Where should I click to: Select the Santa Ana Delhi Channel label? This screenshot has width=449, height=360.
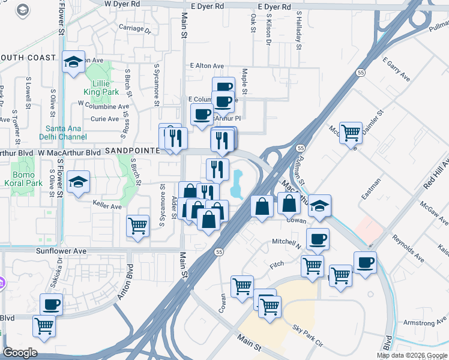click(x=66, y=133)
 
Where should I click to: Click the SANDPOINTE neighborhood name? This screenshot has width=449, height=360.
click(x=131, y=152)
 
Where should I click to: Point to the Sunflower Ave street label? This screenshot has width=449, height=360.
click(x=61, y=251)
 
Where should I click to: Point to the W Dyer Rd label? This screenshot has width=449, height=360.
click(x=122, y=4)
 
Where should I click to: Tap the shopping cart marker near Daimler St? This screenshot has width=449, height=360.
click(x=351, y=133)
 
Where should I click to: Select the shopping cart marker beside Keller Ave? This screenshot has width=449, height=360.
click(x=138, y=226)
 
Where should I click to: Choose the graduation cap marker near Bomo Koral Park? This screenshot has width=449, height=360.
click(x=78, y=182)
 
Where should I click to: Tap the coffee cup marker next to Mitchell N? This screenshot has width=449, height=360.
click(x=318, y=239)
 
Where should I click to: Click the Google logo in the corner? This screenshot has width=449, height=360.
click(x=20, y=353)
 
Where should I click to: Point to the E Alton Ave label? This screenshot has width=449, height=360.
click(x=206, y=66)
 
